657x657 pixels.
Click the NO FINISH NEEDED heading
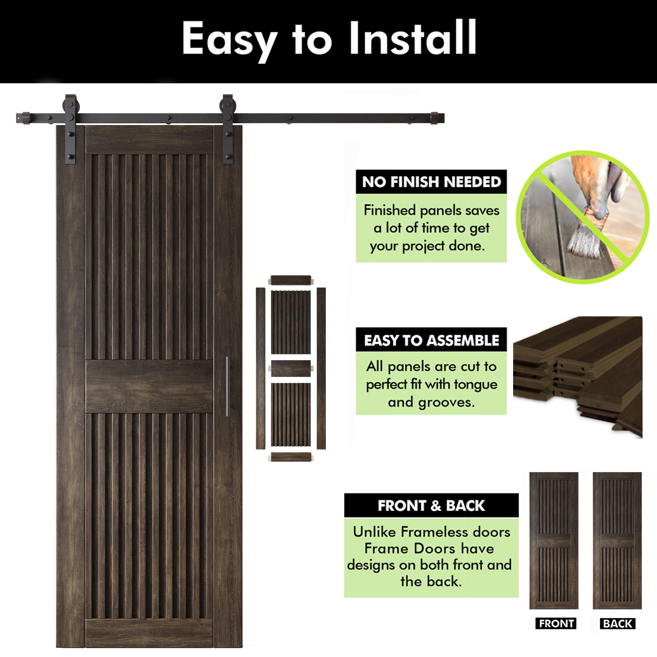[431, 182]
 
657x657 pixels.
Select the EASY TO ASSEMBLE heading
[431, 340]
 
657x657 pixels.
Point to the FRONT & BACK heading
[431, 506]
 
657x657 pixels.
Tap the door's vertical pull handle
[228, 386]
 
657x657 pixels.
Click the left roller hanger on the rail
[71, 129]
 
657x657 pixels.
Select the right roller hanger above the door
[228, 129]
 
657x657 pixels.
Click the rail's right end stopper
[435, 118]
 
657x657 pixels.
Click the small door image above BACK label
[617, 541]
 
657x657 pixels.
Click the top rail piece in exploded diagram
[291, 281]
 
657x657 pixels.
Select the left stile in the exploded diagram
[260, 368]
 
